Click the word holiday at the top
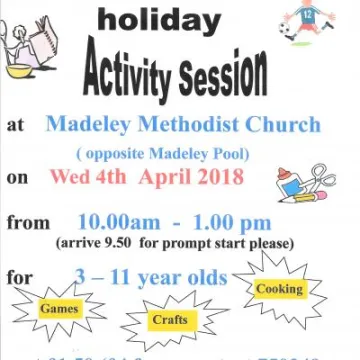pos(173,19)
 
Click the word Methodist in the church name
pos(184,125)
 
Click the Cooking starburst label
pos(280,290)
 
